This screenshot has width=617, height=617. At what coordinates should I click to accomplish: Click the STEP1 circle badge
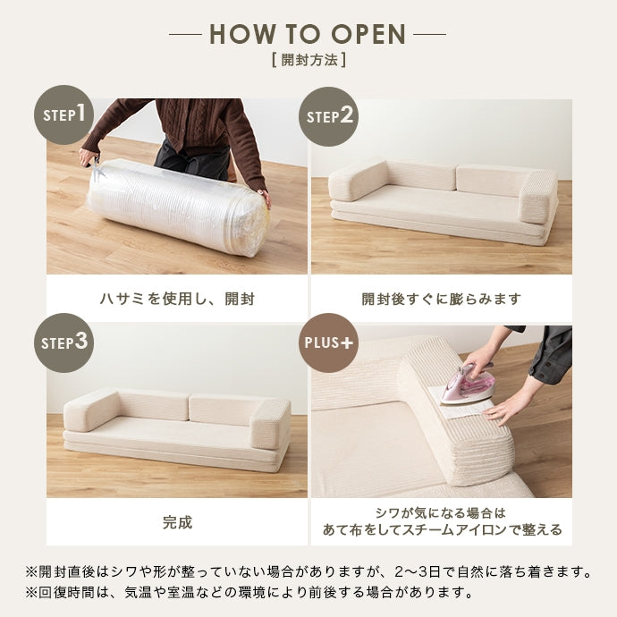pos(63,114)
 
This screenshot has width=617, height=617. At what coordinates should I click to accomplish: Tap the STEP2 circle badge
pos(328,116)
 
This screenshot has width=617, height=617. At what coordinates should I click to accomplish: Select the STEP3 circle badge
pos(63,342)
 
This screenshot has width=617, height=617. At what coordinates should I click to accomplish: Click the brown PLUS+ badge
pos(328,342)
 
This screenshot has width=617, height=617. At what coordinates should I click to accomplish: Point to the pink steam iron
pos(468,384)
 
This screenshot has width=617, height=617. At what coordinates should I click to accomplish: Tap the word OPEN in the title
pos(368,34)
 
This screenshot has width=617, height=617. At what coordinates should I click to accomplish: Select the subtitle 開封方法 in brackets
pos(309,61)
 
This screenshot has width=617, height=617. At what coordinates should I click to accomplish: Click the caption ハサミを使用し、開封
pos(177,299)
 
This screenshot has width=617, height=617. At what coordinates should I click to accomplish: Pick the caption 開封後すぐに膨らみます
pos(442,299)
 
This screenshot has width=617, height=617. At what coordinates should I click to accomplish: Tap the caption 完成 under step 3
pos(177,522)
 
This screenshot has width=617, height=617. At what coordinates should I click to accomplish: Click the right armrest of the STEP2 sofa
pos(537,197)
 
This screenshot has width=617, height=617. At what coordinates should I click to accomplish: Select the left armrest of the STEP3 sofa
pos(92,410)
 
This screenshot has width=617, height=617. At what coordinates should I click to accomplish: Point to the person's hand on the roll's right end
pos(266,198)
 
